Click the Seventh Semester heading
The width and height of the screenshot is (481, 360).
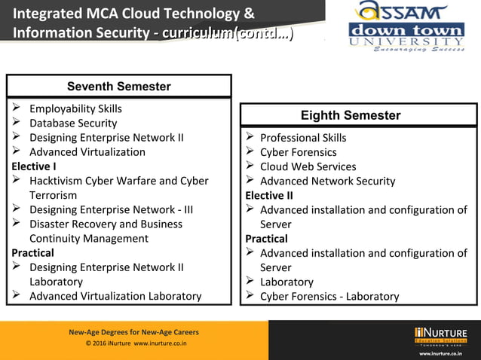coord(118,86)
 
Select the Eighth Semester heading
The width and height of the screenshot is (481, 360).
coord(351,115)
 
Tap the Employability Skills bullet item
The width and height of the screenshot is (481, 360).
coord(75,108)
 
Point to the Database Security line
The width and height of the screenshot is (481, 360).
coord(73,123)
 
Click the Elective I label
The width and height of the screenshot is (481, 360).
coord(34,166)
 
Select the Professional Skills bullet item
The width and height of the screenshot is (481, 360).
coord(303,138)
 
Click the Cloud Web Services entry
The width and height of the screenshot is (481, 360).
coord(308,166)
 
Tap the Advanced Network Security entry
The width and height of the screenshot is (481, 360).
coord(327,181)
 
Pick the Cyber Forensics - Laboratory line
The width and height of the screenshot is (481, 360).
coord(329,296)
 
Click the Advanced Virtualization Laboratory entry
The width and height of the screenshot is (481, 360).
coord(115,296)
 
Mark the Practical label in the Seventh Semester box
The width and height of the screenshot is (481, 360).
coord(32,252)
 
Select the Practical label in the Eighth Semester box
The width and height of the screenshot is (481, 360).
coord(266,239)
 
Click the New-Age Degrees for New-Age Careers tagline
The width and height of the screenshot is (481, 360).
coord(133,332)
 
